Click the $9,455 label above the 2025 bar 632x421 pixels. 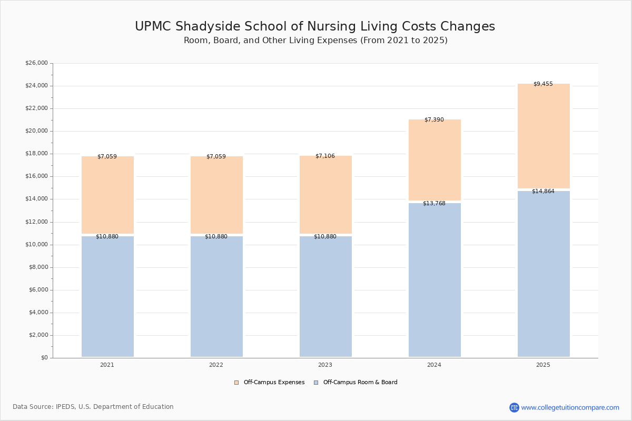[x=543, y=84]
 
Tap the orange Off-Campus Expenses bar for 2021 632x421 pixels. [x=107, y=195]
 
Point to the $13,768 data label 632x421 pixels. [x=434, y=203]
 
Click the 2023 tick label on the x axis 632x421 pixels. [x=325, y=365]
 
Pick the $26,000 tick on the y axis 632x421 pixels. [x=36, y=63]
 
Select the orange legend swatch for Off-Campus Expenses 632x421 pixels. [x=236, y=383]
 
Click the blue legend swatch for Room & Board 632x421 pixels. [x=316, y=383]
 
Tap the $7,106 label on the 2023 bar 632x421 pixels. [x=325, y=156]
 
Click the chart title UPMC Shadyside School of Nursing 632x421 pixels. [x=315, y=26]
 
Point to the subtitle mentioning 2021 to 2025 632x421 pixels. [x=315, y=41]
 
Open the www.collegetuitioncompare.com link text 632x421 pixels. [x=570, y=407]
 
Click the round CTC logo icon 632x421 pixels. [x=514, y=407]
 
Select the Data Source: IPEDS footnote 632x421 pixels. [x=93, y=407]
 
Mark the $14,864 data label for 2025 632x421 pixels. [x=543, y=191]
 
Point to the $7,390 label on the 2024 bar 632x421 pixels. [x=434, y=119]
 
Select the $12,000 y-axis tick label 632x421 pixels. [x=36, y=222]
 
